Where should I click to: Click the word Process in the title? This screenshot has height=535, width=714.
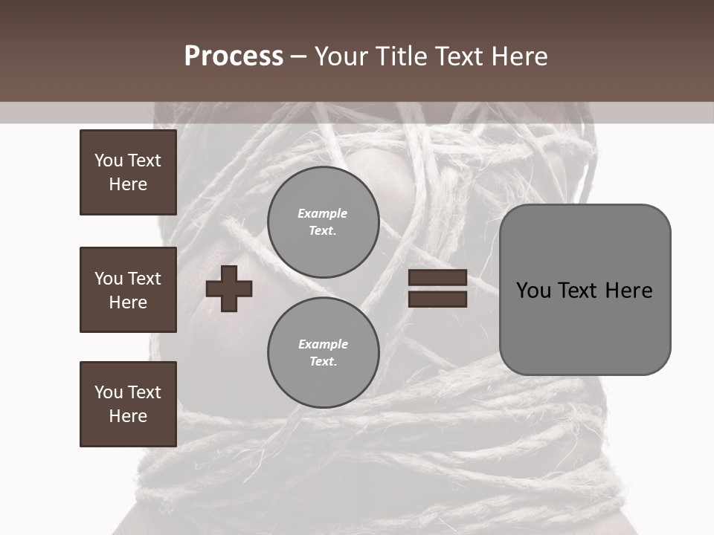point(234,56)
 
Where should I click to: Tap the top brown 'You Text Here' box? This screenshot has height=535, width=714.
point(128,172)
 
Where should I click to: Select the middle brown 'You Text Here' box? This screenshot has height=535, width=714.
point(128,290)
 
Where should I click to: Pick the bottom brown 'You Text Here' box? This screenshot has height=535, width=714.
point(128,404)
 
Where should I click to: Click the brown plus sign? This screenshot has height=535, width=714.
point(229,288)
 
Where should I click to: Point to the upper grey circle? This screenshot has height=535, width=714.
point(323,222)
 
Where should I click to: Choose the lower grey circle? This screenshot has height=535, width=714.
point(323,353)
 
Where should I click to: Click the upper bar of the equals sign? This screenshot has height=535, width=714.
point(437,278)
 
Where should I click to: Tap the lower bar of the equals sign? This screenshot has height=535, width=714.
point(437,299)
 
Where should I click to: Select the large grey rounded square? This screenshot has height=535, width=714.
point(585,290)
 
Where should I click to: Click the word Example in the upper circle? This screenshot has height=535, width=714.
point(322,213)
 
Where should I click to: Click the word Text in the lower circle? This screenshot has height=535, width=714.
point(322,362)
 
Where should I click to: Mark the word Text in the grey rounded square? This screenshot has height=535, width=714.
point(579,290)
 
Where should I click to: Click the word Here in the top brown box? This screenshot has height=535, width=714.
point(128,184)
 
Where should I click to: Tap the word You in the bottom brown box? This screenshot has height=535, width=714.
point(109,392)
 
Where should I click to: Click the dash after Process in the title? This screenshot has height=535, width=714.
point(298,56)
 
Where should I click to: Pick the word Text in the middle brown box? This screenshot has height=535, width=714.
point(144,279)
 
